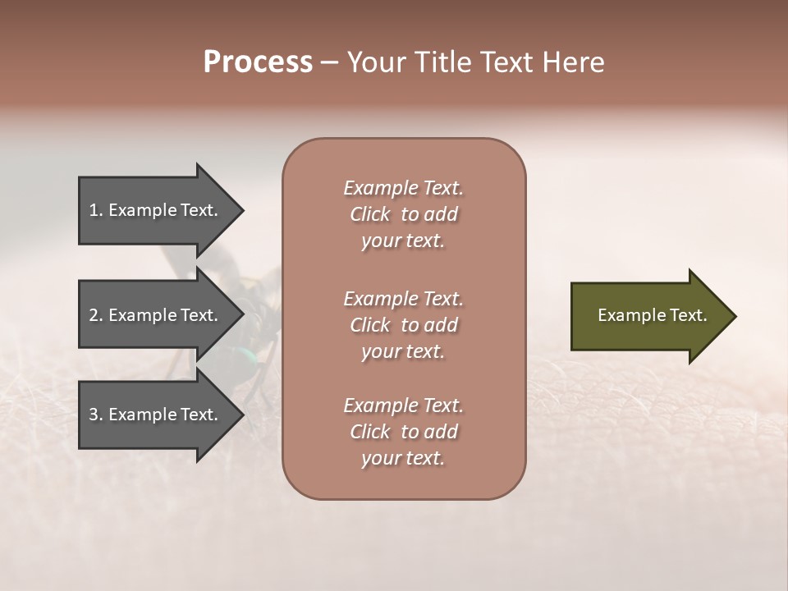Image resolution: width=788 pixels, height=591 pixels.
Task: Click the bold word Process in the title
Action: pos(258,62)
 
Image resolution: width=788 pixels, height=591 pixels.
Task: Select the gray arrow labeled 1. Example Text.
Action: pos(156,210)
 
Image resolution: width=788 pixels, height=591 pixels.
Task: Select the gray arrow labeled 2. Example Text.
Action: pos(156,315)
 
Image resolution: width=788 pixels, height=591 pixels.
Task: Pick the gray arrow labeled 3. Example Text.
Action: pos(156,415)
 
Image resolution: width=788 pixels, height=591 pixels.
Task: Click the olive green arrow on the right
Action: pos(648,315)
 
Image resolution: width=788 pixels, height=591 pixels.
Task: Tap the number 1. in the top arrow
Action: pos(96,210)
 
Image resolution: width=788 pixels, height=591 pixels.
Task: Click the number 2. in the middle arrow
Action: pos(96,315)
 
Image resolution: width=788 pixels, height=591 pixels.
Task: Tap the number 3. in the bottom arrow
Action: pos(96,415)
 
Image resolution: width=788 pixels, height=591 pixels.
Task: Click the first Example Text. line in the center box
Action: pos(403,188)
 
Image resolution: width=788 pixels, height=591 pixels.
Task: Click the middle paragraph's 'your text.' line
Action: pos(403,351)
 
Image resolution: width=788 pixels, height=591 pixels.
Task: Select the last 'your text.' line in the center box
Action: pos(403,458)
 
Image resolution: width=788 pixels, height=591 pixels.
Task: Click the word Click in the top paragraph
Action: pos(369,214)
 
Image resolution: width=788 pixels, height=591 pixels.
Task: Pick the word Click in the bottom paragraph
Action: pos(369,432)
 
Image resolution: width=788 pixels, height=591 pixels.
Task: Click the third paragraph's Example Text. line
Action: pos(403,405)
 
